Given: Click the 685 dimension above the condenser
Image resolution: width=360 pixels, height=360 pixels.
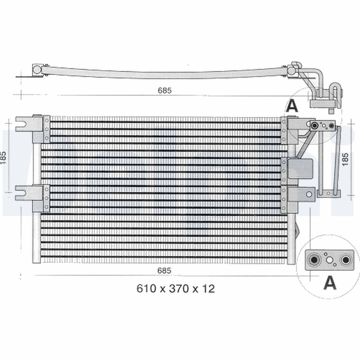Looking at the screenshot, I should (165, 90).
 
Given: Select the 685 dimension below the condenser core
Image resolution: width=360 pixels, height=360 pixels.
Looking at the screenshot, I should (165, 270).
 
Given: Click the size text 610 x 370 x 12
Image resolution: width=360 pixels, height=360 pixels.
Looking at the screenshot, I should (175, 288).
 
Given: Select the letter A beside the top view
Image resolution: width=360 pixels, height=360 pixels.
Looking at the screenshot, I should (292, 106).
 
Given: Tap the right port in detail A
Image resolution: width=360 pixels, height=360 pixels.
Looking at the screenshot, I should (345, 260).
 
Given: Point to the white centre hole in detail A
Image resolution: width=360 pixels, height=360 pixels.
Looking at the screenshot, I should (330, 259).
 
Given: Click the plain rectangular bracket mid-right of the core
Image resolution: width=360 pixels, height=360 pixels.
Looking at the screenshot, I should (301, 169).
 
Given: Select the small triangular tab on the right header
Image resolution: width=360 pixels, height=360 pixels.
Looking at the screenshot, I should (297, 230).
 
